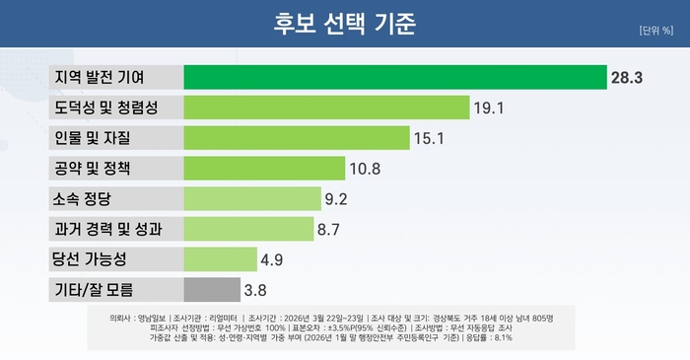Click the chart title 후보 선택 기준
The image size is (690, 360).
(x=345, y=22)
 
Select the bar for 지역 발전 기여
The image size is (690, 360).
(x=395, y=77)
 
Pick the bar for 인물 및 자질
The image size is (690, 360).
(x=297, y=138)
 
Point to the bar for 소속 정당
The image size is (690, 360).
(x=252, y=199)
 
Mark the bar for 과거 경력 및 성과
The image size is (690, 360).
(x=248, y=230)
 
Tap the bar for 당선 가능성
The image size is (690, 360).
(x=220, y=260)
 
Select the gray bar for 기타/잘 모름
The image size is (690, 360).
(x=212, y=291)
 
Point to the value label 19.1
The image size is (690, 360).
(x=491, y=108)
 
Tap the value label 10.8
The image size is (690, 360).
(x=366, y=169)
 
